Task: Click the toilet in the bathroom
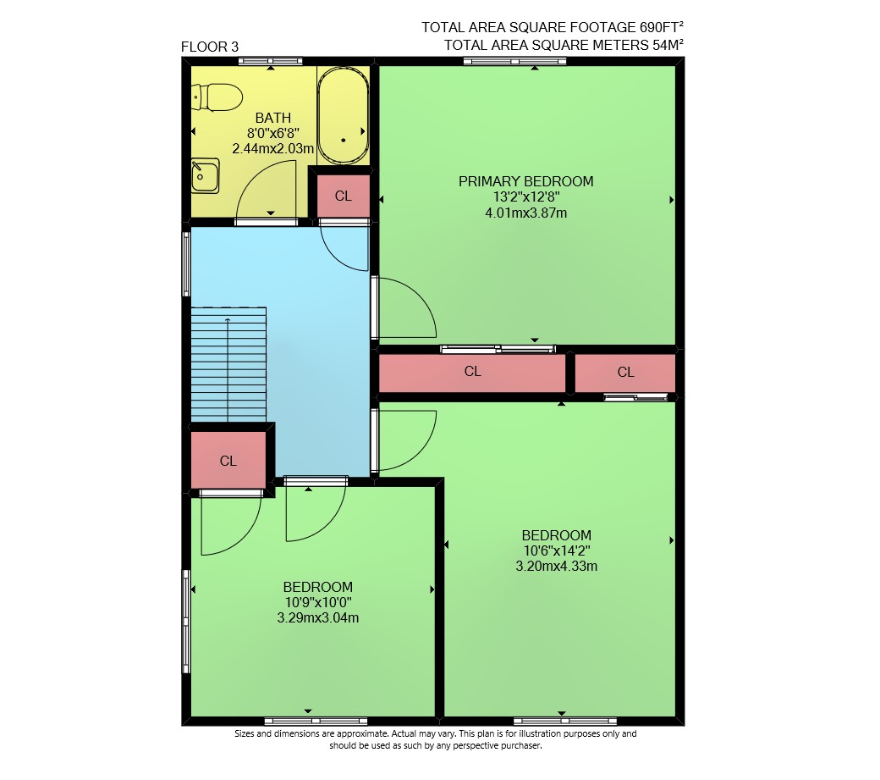pos(217,97)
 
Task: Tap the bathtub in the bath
pos(343,116)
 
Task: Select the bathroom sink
pos(205,176)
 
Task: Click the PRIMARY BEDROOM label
pos(525,181)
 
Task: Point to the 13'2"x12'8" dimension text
pos(526,197)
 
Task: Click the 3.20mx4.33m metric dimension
pos(556,566)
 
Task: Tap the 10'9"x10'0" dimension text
pos(318,602)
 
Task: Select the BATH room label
pos(273,118)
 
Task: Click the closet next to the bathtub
pos(344,196)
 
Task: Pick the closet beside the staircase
pos(228,461)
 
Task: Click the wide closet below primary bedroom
pos(472,372)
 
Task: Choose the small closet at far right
pos(625,373)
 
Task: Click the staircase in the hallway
pos(228,364)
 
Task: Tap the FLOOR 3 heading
pos(210,47)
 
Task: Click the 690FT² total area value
pos(661,27)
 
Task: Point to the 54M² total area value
pos(668,45)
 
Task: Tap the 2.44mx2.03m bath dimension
pos(272,149)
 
